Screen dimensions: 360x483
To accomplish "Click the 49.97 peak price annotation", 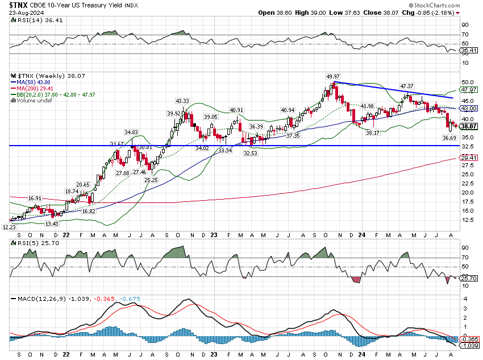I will point(332,77).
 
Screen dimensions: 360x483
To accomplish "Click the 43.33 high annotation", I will point(182,101).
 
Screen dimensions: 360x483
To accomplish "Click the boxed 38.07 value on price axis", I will point(468,126).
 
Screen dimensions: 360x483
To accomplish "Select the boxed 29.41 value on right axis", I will point(468,158).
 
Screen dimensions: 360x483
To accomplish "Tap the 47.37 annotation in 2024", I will point(406,86).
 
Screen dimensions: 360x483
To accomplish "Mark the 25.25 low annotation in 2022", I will point(151,180).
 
